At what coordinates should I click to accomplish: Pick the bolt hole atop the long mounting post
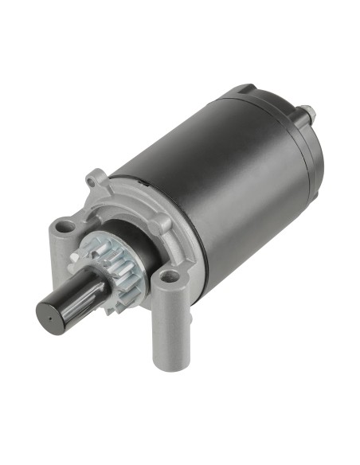[x=169, y=279]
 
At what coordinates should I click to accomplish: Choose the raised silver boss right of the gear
[x=158, y=224]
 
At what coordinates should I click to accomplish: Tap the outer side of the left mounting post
[x=57, y=247]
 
